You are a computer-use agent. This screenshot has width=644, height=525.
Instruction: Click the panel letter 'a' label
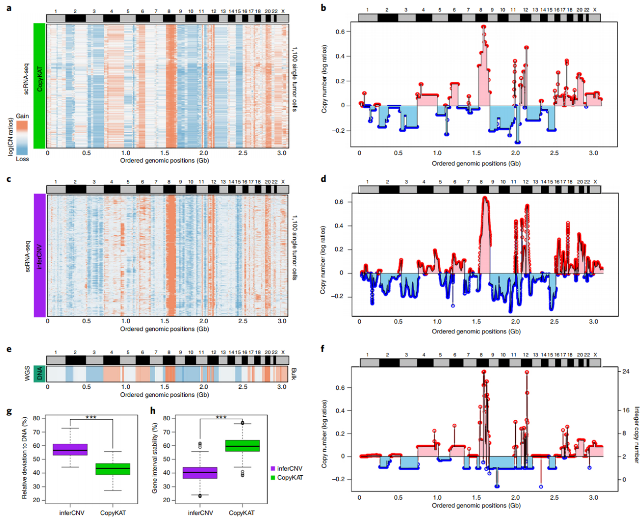9,8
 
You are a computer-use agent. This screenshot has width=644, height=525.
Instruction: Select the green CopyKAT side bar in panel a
40,86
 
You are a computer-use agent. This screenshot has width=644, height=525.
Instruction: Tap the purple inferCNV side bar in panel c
40,255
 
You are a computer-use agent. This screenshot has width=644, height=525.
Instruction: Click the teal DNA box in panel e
40,374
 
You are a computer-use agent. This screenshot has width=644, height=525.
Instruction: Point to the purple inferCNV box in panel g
70,450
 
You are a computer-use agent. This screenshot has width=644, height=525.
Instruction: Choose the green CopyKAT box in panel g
113,469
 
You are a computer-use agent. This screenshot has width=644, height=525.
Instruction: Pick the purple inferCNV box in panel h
200,473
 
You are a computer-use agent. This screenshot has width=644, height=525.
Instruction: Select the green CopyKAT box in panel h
243,446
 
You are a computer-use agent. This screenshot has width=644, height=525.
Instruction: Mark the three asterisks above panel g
91,418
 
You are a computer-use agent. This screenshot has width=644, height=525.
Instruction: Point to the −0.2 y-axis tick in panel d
339,296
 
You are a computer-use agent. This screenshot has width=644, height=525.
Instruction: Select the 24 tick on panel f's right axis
626,372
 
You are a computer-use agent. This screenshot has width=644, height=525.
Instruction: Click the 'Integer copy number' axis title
636,434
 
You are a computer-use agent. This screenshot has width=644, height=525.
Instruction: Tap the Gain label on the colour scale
22,116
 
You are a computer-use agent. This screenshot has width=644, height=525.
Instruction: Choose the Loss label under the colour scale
22,159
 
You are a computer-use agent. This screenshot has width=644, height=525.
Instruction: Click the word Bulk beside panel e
294,374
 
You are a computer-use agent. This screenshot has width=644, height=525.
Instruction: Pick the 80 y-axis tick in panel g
37,418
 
